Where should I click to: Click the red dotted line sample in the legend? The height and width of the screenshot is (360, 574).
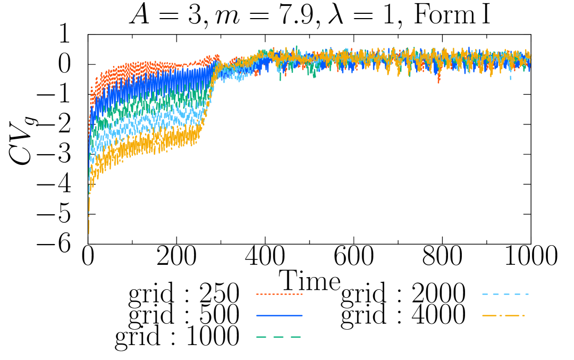[280, 294]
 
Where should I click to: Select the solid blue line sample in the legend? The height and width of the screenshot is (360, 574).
[280, 315]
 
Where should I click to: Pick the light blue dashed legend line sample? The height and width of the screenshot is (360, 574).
[505, 294]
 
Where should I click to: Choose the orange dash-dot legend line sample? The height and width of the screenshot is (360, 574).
[504, 315]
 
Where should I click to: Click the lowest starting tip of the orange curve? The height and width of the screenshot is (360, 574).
[89, 232]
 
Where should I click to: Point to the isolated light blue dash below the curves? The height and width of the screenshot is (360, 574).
[510, 78]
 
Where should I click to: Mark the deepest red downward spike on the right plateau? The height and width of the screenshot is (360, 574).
[438, 81]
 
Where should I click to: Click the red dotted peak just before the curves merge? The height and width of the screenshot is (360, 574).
[216, 56]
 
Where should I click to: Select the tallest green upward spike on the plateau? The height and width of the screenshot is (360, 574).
[296, 47]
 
